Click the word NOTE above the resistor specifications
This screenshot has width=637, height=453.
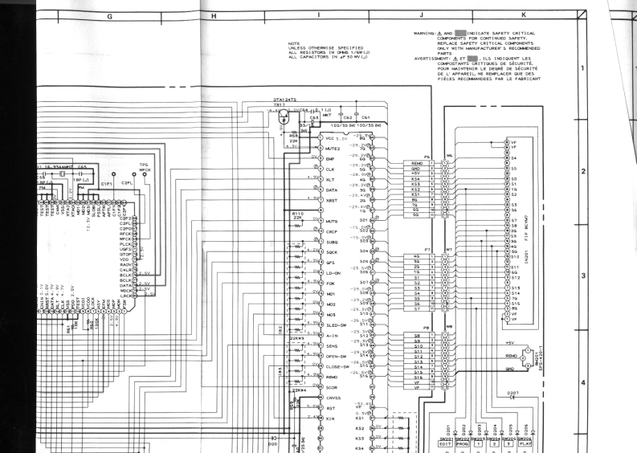pyautogui.click(x=293, y=45)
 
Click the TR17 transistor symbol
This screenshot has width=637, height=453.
pyautogui.click(x=281, y=114)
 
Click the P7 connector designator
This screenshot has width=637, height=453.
pyautogui.click(x=427, y=250)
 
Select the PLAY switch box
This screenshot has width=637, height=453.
pyautogui.click(x=524, y=444)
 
